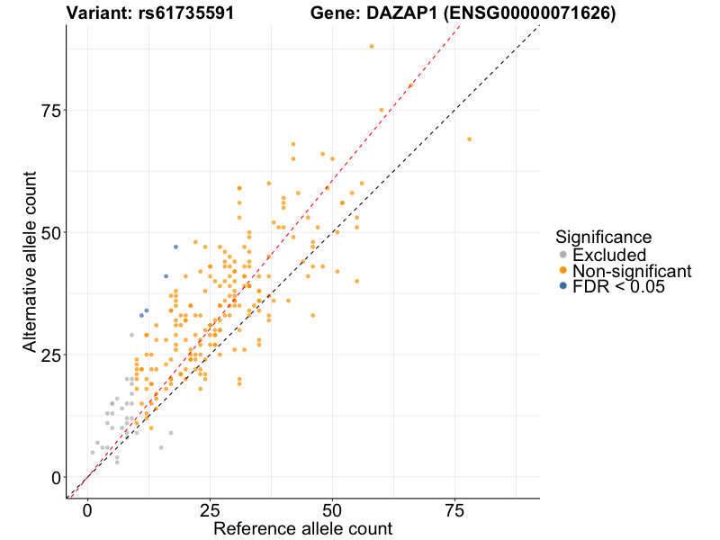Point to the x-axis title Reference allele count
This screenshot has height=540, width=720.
click(302, 528)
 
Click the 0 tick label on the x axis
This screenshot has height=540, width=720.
click(87, 510)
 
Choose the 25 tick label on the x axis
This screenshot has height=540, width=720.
click(210, 510)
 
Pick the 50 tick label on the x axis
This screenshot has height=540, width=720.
click(333, 510)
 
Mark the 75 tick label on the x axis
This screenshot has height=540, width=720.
click(455, 510)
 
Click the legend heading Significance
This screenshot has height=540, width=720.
click(603, 238)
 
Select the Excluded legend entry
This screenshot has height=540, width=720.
click(609, 255)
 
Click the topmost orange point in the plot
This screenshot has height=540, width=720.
click(372, 46)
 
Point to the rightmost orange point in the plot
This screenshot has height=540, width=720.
click(470, 139)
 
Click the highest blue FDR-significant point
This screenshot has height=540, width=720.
click(175, 247)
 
